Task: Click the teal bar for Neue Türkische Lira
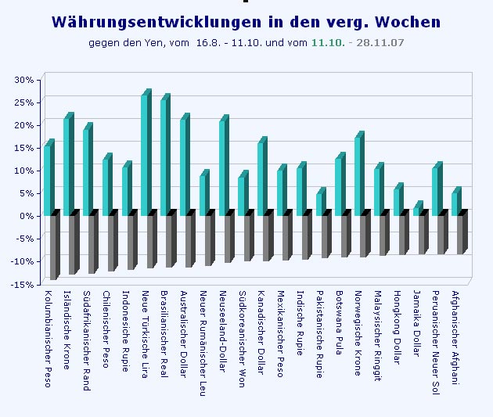click(x=146, y=153)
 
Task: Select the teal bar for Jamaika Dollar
click(x=418, y=208)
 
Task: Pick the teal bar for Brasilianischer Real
click(x=166, y=155)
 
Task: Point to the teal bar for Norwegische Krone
click(x=360, y=174)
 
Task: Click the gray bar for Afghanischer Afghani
click(x=462, y=232)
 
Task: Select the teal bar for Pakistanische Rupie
click(x=321, y=201)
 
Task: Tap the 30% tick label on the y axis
click(x=24, y=80)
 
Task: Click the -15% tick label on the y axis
click(x=22, y=285)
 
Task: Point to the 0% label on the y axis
click(x=27, y=216)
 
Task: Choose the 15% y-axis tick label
click(x=24, y=148)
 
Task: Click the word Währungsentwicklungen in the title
click(x=157, y=22)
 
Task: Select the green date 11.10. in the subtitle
click(x=328, y=42)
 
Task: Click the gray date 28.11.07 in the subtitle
click(x=380, y=42)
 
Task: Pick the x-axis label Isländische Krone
click(x=67, y=330)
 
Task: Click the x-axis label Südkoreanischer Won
click(x=242, y=339)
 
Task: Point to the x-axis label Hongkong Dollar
click(x=398, y=328)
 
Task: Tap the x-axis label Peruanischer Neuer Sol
click(x=435, y=343)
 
